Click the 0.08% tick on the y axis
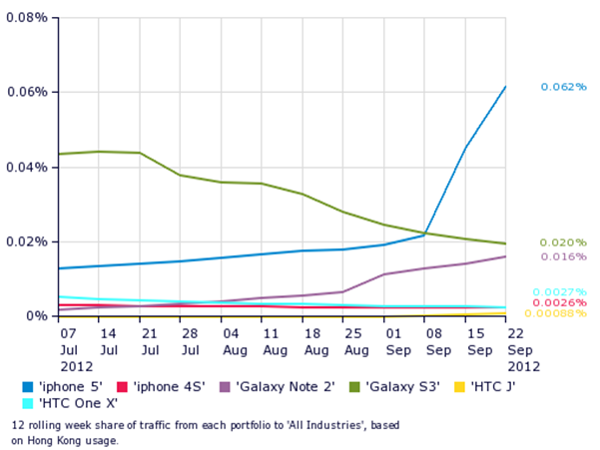26,18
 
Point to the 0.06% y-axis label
26,92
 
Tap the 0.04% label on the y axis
26,167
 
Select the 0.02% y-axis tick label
26,241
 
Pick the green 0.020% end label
563,242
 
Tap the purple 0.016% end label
563,256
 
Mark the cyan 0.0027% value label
559,291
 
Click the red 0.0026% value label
559,302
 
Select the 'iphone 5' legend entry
65,385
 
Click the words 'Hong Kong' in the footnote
42,439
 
